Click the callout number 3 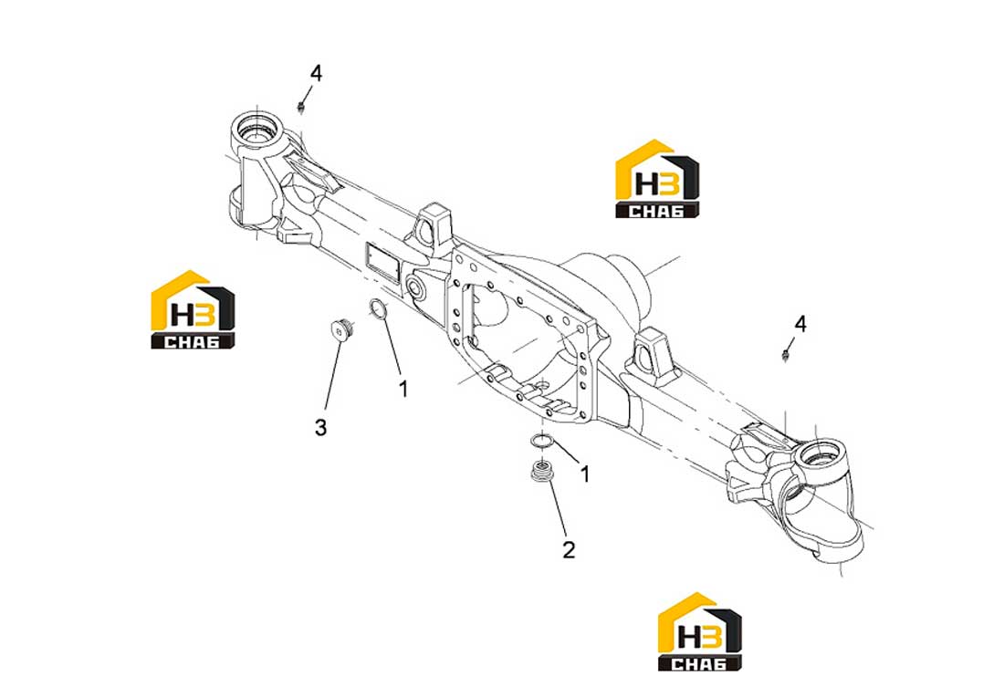pos(320,426)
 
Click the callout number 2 pos(569,548)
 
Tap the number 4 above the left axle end pos(316,74)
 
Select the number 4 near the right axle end pos(800,324)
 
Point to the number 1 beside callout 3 pos(403,388)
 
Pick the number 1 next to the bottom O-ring pos(584,474)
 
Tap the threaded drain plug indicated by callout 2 pos(542,472)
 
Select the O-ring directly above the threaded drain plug pos(541,441)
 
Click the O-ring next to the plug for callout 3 pos(378,308)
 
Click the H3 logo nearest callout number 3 pos(193,310)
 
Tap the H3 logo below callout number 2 pos(700,631)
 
